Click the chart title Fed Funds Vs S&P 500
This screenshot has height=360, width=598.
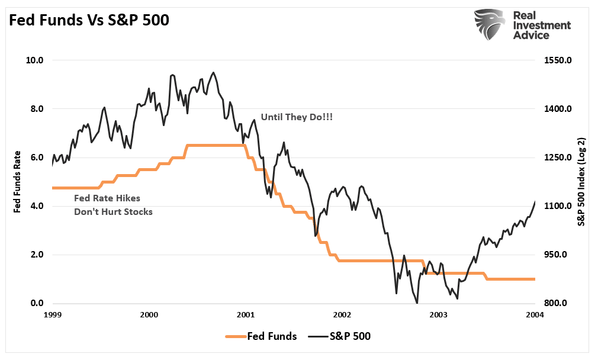tap(88, 20)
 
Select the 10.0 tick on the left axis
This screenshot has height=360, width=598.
tap(35, 60)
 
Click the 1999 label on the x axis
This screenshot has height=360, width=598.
tap(52, 314)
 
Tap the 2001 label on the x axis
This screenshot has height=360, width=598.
tap(246, 314)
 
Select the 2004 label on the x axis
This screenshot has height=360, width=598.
tap(535, 314)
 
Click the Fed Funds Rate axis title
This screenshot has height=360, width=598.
tap(17, 182)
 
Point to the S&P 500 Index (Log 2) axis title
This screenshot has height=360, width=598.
tap(583, 182)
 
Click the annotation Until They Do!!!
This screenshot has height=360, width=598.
tap(297, 118)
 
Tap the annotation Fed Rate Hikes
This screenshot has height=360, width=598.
tap(107, 198)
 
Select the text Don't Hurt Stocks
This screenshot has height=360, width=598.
tap(113, 211)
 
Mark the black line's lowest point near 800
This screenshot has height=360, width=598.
tap(417, 303)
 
